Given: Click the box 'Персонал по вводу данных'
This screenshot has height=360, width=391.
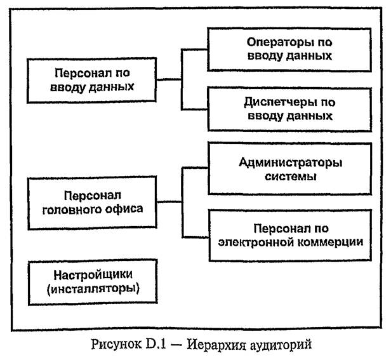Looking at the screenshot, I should click(x=94, y=80).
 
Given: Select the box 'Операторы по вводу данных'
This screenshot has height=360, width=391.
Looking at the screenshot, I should click(x=289, y=50).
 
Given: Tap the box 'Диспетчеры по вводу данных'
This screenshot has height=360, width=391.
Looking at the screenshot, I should click(x=289, y=109).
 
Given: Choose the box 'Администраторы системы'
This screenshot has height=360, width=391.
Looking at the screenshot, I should click(x=289, y=169).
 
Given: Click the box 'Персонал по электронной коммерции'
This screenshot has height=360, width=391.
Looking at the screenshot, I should click(x=289, y=235).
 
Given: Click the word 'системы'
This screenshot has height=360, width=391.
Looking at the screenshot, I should click(x=290, y=176).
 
